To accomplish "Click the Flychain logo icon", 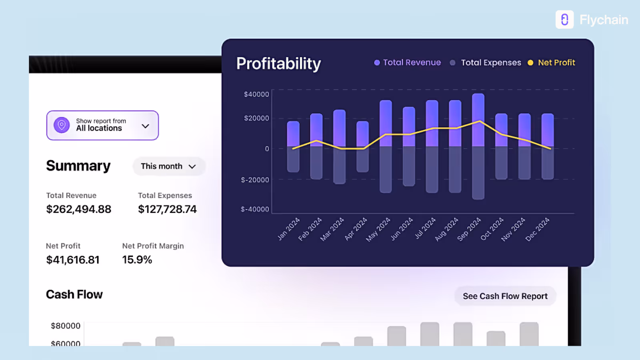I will click(564, 20).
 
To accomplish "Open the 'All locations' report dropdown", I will click(102, 125).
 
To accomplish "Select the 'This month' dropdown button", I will click(168, 166).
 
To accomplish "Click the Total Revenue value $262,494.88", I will click(79, 209).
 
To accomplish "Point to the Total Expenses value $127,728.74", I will click(167, 209).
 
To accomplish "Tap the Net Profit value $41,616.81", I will click(73, 260).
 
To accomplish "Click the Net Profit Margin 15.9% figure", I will click(137, 260).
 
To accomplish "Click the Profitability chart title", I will click(278, 64).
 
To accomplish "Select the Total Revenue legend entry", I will click(408, 62).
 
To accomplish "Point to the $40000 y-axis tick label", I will click(256, 94).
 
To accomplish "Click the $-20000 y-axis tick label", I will click(255, 180).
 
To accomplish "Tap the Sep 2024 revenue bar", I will click(478, 120).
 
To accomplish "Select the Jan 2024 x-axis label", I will click(288, 229).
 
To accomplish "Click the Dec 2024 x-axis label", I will click(537, 229).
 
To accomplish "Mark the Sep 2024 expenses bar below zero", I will click(478, 173).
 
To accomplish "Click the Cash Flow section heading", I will click(74, 295).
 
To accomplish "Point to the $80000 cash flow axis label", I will click(66, 326).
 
